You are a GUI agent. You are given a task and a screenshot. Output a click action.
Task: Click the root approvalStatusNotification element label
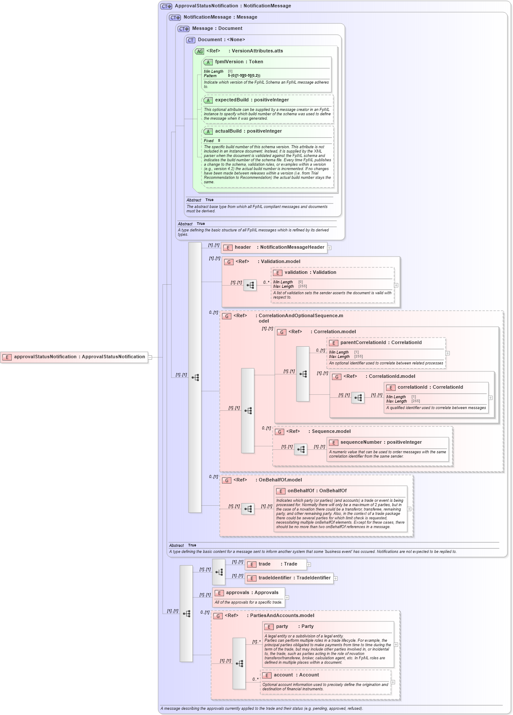pyautogui.click(x=79, y=357)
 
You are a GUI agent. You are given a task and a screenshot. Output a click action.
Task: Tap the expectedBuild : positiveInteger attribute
pyautogui.click(x=252, y=100)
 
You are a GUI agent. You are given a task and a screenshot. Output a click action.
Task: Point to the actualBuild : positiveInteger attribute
pyautogui.click(x=248, y=131)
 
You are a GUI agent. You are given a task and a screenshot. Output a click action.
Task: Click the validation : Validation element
pyautogui.click(x=310, y=273)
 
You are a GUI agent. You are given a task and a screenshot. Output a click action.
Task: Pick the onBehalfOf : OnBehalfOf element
pyautogui.click(x=317, y=491)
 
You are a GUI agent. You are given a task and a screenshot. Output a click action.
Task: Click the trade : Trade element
pyautogui.click(x=278, y=564)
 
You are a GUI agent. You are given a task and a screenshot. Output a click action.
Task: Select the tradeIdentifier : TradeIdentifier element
pyautogui.click(x=294, y=578)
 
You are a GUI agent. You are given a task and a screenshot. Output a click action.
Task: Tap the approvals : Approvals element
pyautogui.click(x=252, y=593)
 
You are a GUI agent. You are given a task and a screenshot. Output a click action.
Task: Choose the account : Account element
pyautogui.click(x=296, y=675)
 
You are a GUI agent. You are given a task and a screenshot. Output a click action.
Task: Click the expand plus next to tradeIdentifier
pyautogui.click(x=336, y=578)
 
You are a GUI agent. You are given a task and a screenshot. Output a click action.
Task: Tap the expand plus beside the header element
pyautogui.click(x=330, y=248)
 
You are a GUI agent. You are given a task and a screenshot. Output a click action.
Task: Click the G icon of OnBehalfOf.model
pyautogui.click(x=227, y=481)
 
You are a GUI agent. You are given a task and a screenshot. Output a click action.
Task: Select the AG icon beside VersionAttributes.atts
pyautogui.click(x=199, y=52)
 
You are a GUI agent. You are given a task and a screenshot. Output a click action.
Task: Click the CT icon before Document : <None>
pyautogui.click(x=191, y=40)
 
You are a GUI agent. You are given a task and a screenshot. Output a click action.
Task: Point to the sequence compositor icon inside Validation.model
pyautogui.click(x=250, y=286)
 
